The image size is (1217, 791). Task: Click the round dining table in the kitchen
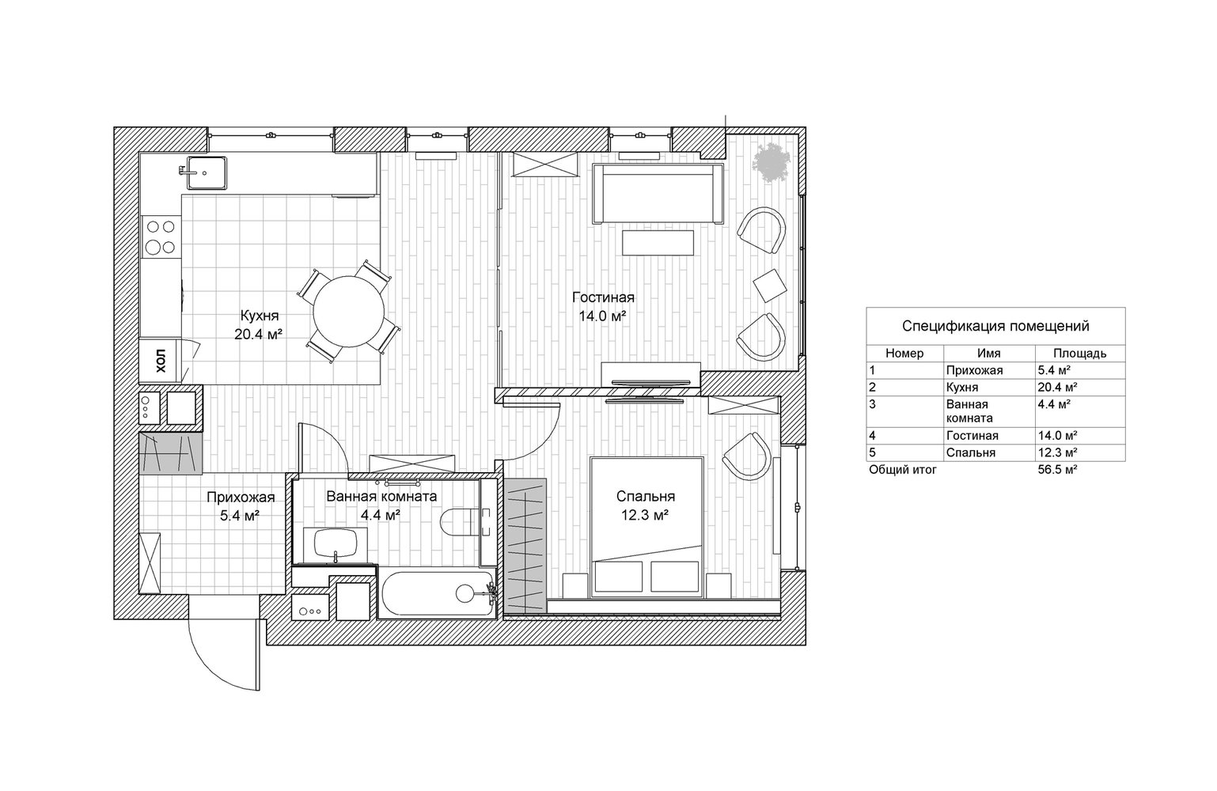coord(348,312)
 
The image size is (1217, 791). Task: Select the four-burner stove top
coord(161,237)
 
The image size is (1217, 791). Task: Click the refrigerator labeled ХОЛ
coord(160,361)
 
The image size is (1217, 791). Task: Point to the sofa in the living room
coord(658,194)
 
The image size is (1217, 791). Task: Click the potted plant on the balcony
coord(771,162)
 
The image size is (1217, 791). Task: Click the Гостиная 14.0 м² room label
coord(603,306)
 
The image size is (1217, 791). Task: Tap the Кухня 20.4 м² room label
coord(260,325)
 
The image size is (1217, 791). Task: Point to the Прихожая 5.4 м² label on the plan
coord(241,505)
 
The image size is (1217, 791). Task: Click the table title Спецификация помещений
coord(995,326)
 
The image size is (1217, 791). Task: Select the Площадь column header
coord(1079,353)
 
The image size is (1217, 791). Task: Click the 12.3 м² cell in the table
coord(1057,452)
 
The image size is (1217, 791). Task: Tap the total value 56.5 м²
coord(1057,469)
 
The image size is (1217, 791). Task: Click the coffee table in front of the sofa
coord(658,243)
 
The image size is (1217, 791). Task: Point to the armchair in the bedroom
coord(747,456)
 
